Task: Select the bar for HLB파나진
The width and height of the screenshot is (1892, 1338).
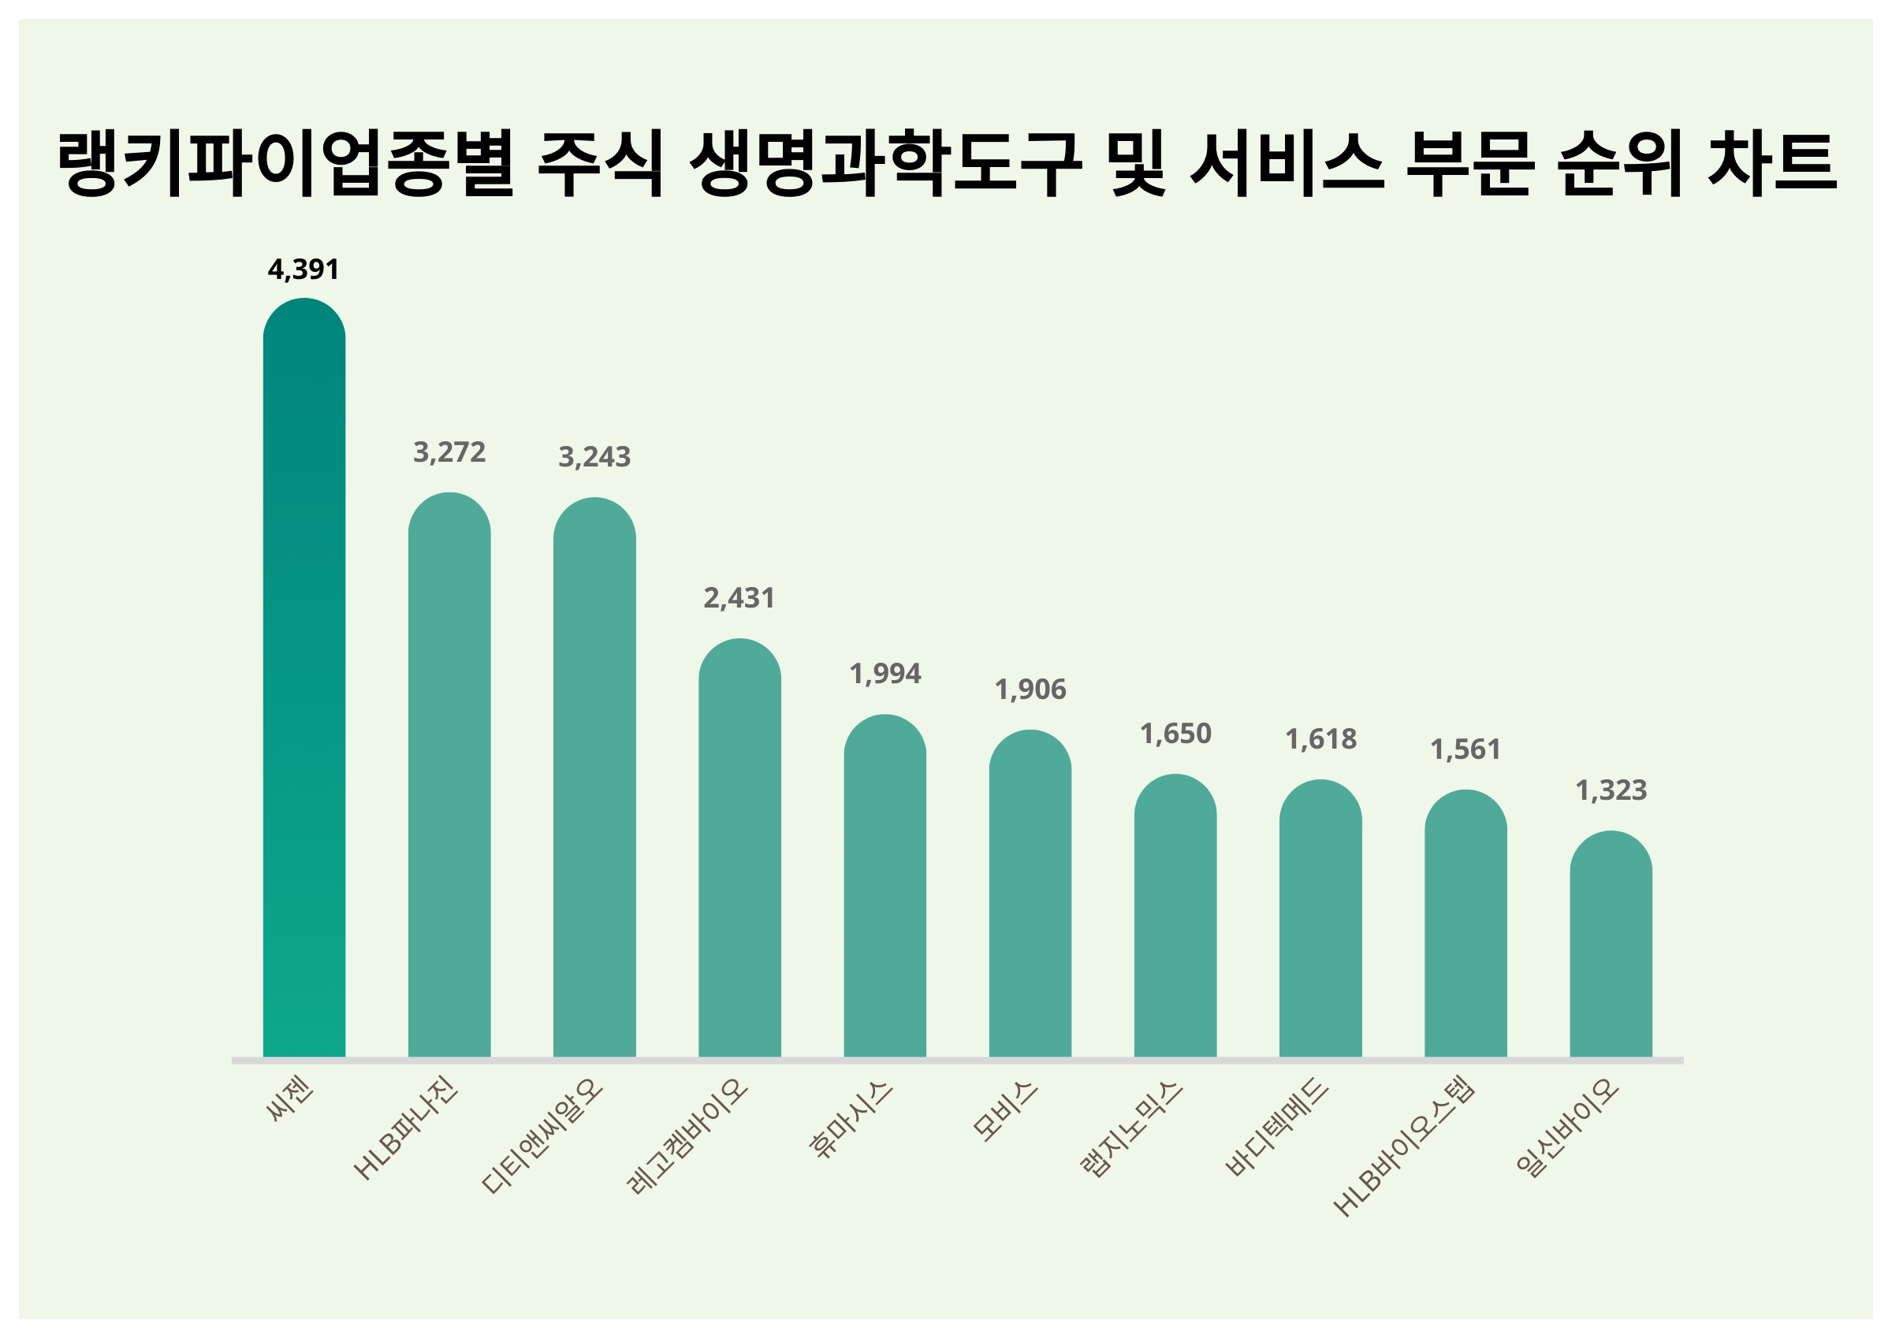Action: (x=449, y=775)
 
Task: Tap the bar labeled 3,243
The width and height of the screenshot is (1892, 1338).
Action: (x=594, y=777)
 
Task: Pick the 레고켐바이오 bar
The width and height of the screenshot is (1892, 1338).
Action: (x=739, y=847)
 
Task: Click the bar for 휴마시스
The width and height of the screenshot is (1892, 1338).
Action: (x=885, y=885)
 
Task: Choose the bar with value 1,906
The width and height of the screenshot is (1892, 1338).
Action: (x=1030, y=893)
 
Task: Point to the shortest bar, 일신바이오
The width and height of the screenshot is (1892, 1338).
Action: (x=1611, y=943)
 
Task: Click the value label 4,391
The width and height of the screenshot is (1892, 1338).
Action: (x=304, y=269)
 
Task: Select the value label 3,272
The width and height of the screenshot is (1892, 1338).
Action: (x=449, y=452)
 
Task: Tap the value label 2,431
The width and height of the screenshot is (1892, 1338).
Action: (x=739, y=598)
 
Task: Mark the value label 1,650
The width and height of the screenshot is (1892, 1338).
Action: (x=1175, y=734)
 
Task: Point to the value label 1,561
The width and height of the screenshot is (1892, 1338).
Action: (x=1466, y=749)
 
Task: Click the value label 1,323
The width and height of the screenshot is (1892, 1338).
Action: (x=1611, y=790)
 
